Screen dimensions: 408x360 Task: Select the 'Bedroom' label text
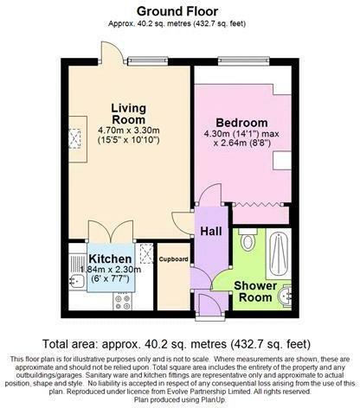click(x=242, y=123)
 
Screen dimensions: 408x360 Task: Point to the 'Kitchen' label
click(x=109, y=259)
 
